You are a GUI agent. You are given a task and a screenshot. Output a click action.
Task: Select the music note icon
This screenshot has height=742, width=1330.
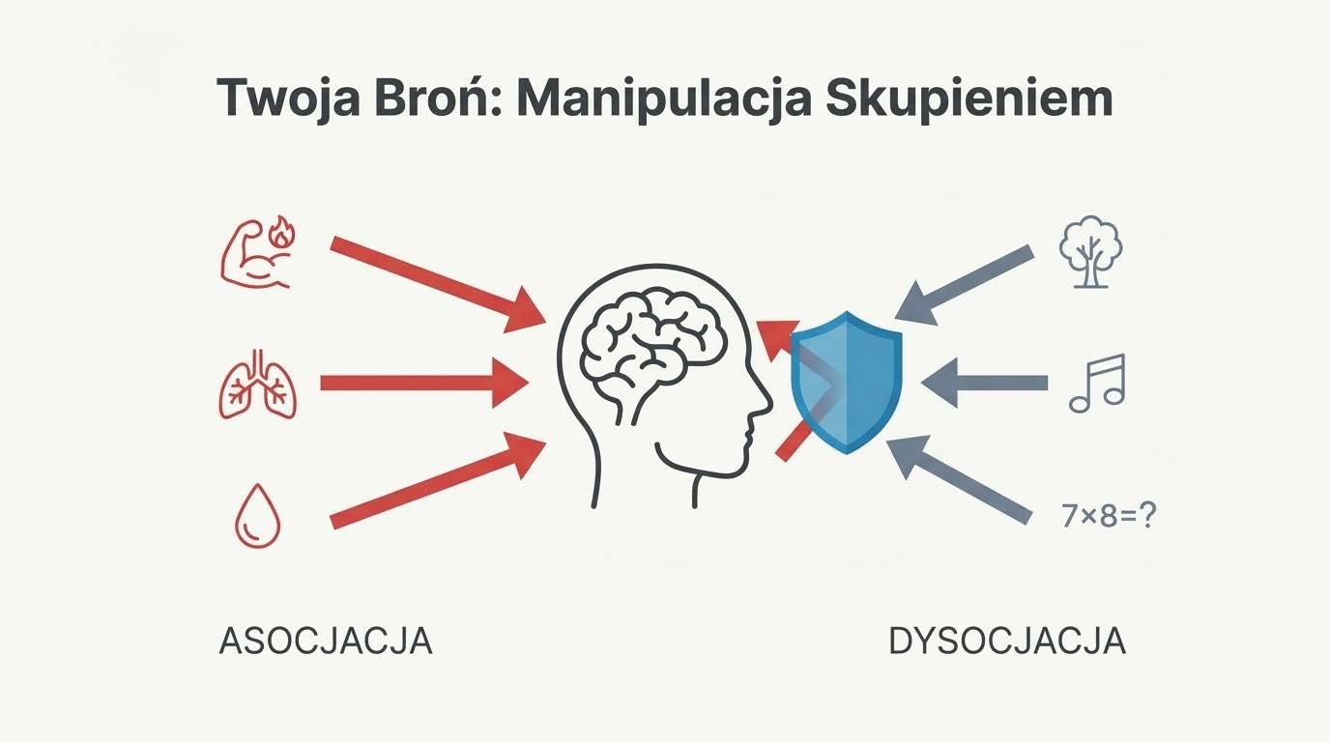point(1098,384)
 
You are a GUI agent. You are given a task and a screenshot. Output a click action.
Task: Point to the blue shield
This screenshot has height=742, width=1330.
point(847,382)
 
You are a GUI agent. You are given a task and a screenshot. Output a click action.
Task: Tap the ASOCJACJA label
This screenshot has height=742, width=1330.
point(326,642)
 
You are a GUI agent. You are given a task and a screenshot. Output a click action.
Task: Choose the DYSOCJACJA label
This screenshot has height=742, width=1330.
point(1006,642)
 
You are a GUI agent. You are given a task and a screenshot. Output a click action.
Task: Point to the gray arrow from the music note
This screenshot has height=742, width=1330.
point(985,384)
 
